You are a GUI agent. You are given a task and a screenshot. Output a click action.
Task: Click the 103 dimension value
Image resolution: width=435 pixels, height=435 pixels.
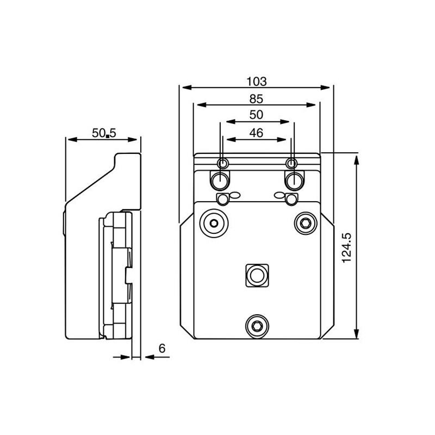(256, 82)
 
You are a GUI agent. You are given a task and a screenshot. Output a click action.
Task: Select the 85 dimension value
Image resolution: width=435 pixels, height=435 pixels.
(256, 99)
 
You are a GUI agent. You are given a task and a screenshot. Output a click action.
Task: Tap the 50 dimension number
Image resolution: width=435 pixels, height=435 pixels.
(256, 115)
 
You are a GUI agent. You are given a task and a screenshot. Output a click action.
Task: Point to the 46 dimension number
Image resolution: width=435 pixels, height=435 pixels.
(256, 133)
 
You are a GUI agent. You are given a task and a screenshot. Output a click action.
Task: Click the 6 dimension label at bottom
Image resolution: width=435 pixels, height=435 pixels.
(162, 349)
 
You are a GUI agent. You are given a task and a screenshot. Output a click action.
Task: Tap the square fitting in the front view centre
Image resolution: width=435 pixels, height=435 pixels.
(256, 275)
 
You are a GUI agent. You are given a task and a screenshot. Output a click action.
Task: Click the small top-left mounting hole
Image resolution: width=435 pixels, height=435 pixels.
(222, 164)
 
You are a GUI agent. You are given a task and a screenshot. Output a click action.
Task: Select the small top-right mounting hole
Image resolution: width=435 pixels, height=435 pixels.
(292, 164)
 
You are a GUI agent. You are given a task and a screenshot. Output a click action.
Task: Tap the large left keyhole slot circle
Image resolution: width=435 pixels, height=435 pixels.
(220, 179)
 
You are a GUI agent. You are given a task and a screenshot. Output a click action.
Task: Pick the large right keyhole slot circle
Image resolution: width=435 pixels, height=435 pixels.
(294, 179)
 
